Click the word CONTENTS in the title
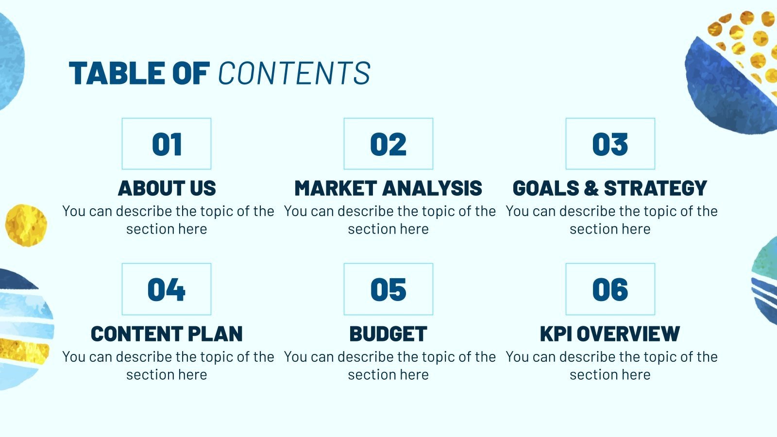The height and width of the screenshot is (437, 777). coord(294,74)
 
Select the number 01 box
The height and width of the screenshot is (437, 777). coord(167,144)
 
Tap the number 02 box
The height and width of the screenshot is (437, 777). coord(388,144)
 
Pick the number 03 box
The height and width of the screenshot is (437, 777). coord(610,144)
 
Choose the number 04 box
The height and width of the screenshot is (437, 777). coord(167,289)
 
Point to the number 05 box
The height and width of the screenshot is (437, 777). coord(388,289)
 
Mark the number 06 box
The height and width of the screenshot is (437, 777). coord(610,289)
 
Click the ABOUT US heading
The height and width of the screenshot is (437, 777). coord(167,188)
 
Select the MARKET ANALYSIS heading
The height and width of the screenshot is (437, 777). coord(388,188)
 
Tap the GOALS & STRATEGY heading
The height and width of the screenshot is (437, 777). coord(610,188)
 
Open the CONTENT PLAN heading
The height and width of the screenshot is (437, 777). coord(167,334)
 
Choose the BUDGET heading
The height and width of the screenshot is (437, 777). coord(388,334)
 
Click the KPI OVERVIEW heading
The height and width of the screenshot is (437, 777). coord(610,334)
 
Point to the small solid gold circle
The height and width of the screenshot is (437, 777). coord(26,225)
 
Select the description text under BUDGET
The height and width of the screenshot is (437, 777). coord(388,366)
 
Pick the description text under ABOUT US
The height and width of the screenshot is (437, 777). coord(167,220)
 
